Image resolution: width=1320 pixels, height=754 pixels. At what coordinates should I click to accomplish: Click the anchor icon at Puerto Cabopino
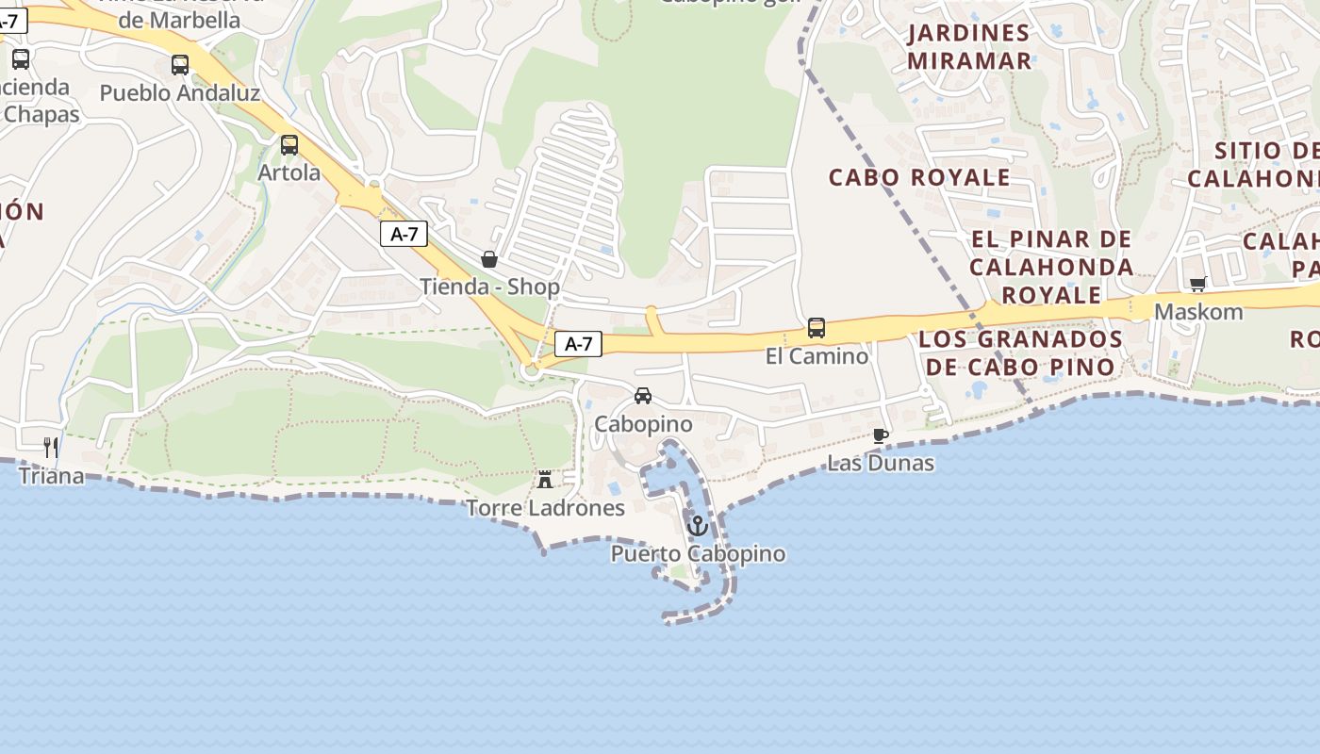tap(698, 526)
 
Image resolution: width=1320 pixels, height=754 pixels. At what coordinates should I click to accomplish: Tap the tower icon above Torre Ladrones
tap(545, 480)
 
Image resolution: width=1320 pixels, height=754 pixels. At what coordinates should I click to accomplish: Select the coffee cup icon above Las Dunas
tap(881, 435)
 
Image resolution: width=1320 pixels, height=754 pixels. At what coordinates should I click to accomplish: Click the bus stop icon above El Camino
tap(817, 328)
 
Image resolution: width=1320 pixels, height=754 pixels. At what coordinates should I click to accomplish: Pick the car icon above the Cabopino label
tap(643, 396)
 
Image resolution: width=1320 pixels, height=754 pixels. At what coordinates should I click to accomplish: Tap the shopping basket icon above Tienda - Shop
tap(489, 259)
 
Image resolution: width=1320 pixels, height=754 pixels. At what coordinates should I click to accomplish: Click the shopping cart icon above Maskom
tap(1198, 284)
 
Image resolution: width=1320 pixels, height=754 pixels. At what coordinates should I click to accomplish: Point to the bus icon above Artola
tap(289, 145)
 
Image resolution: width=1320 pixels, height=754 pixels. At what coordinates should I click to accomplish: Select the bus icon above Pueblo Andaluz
tap(180, 65)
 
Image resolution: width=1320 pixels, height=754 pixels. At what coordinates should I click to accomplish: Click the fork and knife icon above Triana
tap(51, 448)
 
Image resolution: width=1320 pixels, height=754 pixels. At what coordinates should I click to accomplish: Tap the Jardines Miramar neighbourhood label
tap(969, 47)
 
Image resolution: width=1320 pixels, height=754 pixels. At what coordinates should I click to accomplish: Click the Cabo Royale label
tap(919, 177)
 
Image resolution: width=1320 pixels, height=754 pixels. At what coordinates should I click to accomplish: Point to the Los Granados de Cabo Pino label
tap(1020, 352)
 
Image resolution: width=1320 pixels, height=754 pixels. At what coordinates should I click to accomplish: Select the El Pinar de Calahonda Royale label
tap(1051, 267)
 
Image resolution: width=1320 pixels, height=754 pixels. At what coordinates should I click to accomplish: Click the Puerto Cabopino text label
tap(698, 553)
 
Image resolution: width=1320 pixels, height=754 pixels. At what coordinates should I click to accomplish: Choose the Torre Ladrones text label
tap(546, 508)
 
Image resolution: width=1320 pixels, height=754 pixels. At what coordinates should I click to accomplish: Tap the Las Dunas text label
tap(881, 463)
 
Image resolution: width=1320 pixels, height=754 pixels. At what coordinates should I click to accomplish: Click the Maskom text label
tap(1198, 312)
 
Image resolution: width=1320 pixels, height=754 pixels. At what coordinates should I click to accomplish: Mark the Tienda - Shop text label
tap(489, 287)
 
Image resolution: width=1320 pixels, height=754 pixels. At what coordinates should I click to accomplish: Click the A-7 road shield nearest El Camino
tap(578, 344)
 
